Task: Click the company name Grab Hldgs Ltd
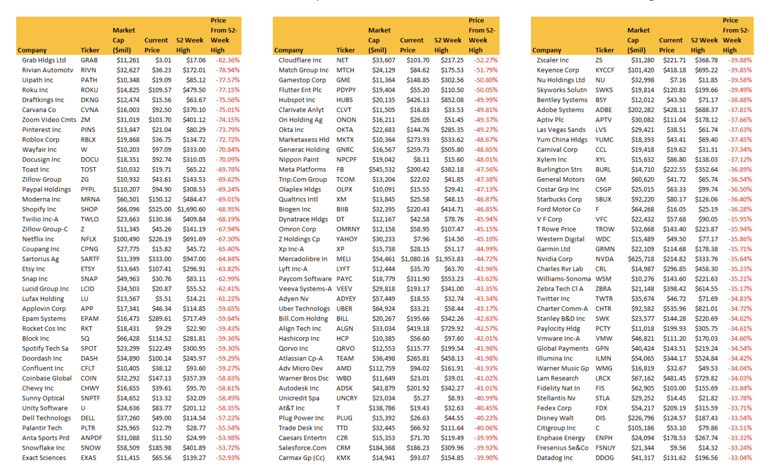(x=44, y=60)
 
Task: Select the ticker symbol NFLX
(x=88, y=239)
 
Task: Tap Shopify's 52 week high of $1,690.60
(x=192, y=209)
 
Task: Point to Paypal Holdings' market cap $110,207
(x=126, y=190)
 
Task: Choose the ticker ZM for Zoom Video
(x=86, y=120)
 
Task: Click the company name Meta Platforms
(x=302, y=170)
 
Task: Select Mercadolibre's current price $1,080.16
(x=415, y=259)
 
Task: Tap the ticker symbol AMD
(x=344, y=369)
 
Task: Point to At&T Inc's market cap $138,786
(x=382, y=408)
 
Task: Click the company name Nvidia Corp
(x=554, y=259)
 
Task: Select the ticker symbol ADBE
(x=603, y=110)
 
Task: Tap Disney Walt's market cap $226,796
(x=641, y=418)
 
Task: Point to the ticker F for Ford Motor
(x=597, y=209)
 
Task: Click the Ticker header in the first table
(x=90, y=50)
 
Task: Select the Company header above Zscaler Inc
(x=546, y=50)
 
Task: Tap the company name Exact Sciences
(x=44, y=458)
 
